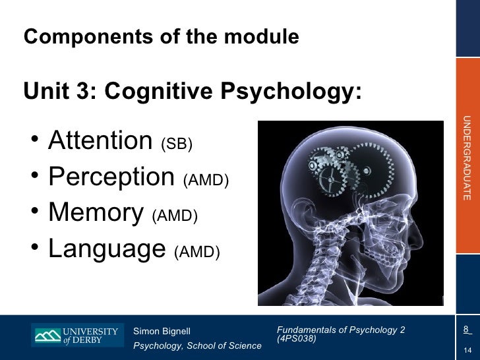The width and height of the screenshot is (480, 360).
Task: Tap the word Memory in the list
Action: tap(96, 212)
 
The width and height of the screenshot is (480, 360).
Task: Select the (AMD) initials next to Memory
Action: tap(175, 216)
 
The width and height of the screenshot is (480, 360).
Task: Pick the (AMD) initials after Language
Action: tap(196, 253)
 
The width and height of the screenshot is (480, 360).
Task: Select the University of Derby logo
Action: tap(76, 335)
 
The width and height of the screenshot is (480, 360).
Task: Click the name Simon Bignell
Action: tap(162, 330)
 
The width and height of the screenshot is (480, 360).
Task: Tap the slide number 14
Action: tap(467, 349)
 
